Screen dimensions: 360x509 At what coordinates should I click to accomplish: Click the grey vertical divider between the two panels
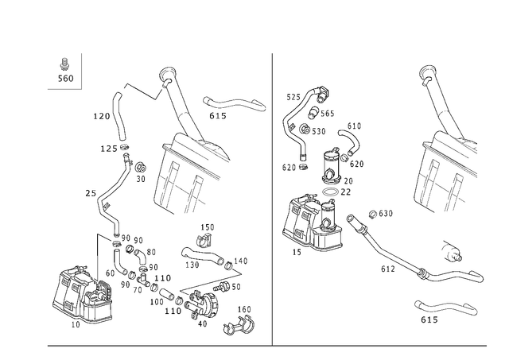pos(272,199)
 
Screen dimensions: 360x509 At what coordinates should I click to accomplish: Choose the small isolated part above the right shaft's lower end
pos(454,250)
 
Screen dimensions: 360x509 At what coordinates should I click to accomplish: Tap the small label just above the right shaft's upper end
pos(380,212)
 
